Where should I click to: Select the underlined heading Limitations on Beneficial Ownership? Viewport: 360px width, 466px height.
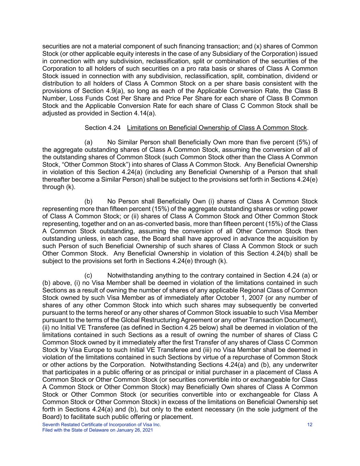[217, 128]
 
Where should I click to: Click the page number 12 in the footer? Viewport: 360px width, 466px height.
[310, 425]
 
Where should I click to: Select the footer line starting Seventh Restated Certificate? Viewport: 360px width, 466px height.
[101, 425]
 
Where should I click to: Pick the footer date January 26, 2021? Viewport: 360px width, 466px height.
[134, 430]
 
